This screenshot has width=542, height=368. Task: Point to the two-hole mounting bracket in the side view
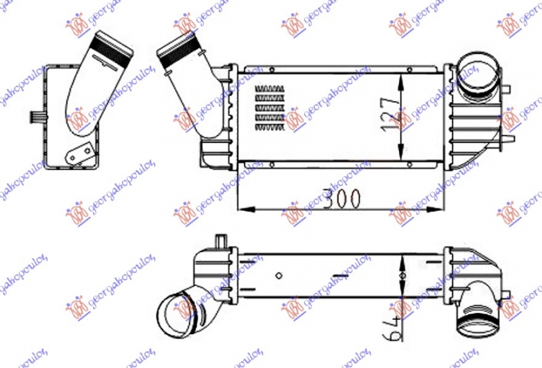pyautogui.click(x=80, y=154)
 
